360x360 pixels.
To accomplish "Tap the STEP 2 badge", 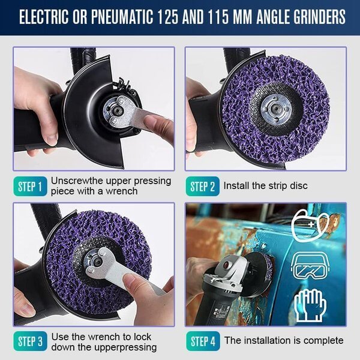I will [203, 186].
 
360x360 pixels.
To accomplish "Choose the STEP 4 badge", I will [203, 341].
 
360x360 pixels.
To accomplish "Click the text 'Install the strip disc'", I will [265, 186].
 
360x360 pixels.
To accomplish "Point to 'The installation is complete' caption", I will [284, 341].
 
